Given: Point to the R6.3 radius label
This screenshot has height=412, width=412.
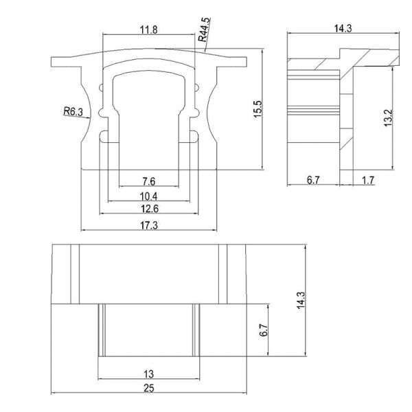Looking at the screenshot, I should click(x=73, y=110).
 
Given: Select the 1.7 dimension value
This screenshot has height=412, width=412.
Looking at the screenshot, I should click(x=367, y=181).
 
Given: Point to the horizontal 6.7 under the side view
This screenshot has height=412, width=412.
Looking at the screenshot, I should click(x=314, y=181).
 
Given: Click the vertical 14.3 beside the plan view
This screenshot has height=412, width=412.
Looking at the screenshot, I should click(x=300, y=300).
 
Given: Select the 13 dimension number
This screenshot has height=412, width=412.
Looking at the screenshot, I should click(x=148, y=374).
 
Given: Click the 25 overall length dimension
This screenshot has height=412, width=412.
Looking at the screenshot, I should click(x=148, y=389).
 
